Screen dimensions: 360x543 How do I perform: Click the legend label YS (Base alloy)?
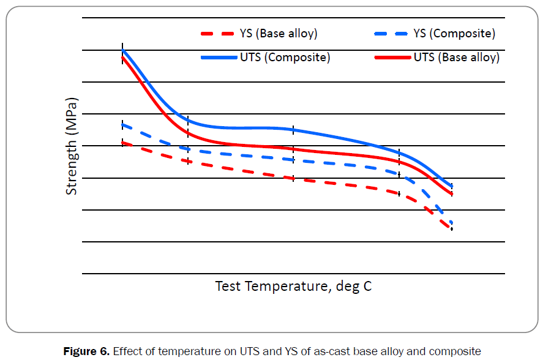point(279,34)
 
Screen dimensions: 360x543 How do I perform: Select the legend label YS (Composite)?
point(454,34)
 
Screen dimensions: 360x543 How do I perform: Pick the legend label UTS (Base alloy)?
point(456,58)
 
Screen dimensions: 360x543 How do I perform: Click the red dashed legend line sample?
point(217,34)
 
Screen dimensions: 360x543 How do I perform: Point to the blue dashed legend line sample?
point(388,34)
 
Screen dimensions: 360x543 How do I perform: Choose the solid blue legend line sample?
point(218,58)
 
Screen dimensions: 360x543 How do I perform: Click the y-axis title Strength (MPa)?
point(72,146)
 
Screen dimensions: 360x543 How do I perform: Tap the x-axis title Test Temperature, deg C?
point(293,286)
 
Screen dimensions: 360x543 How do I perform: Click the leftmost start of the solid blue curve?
point(123,50)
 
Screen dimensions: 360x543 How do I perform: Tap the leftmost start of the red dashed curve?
point(123,143)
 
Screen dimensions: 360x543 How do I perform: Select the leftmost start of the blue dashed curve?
point(123,125)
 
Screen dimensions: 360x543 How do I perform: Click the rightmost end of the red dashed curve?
point(452,228)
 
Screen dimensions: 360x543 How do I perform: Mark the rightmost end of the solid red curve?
point(452,194)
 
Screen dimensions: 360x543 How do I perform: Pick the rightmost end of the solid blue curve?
point(452,186)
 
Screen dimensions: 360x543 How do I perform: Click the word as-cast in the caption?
point(329,351)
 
